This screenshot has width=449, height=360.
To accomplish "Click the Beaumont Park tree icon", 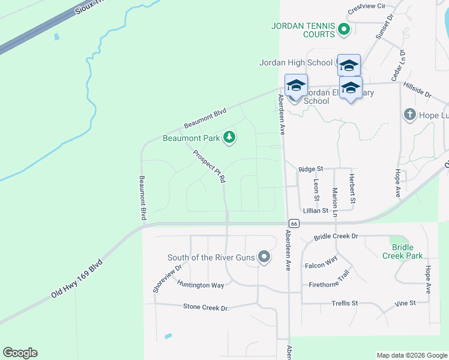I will point(229,138).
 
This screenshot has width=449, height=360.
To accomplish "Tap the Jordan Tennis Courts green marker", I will point(344,29).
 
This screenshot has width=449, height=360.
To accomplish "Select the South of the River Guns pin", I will point(265,258).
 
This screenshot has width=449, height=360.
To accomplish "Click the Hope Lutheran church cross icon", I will point(410,114).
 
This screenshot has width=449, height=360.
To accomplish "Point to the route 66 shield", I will point(292,223).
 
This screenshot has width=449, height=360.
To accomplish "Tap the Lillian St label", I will point(316,211).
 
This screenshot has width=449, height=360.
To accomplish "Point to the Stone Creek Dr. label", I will point(206,307).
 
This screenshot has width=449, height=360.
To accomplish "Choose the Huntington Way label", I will point(200,285).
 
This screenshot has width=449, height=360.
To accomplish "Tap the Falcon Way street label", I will point(321,263).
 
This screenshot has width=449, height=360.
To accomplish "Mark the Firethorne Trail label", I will point(338,281).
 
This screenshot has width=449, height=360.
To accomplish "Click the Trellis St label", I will point(345,304).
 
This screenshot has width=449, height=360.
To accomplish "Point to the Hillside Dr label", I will point(418,90).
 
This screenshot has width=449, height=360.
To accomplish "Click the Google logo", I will point(20,353).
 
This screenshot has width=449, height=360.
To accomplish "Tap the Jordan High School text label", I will point(295,62).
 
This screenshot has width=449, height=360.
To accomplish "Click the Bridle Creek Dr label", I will point(336,236).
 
